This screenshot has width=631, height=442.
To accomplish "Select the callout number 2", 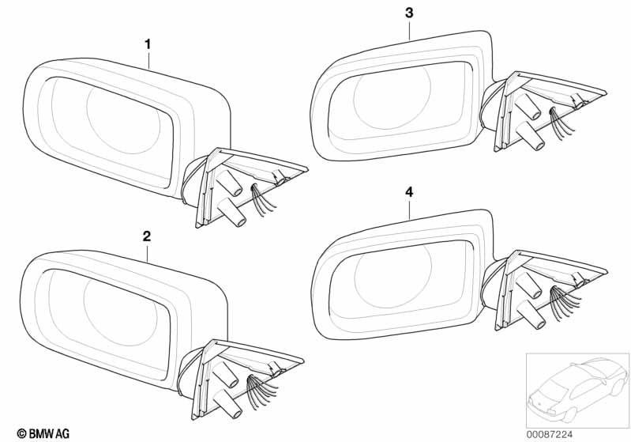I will pyautogui.click(x=147, y=236).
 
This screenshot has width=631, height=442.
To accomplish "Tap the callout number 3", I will pyautogui.click(x=408, y=13).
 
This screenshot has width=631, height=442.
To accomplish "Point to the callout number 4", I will pyautogui.click(x=409, y=191).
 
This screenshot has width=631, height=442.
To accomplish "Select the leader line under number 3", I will pyautogui.click(x=409, y=29).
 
